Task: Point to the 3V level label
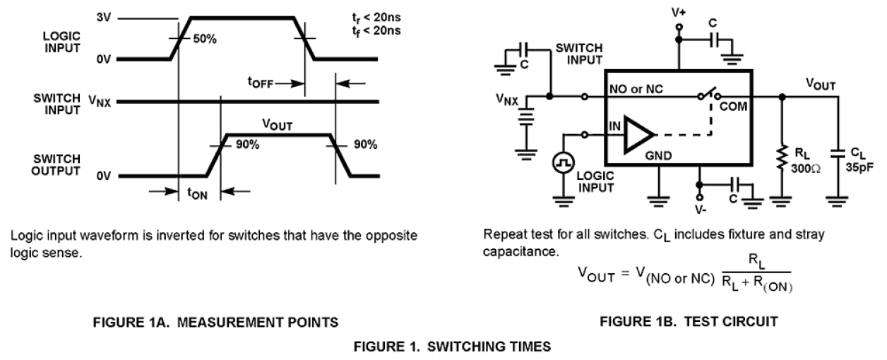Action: (104, 16)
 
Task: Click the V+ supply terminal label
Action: (679, 12)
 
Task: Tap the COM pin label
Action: (733, 106)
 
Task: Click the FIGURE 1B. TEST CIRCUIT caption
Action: (689, 321)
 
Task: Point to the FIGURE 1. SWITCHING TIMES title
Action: (443, 347)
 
